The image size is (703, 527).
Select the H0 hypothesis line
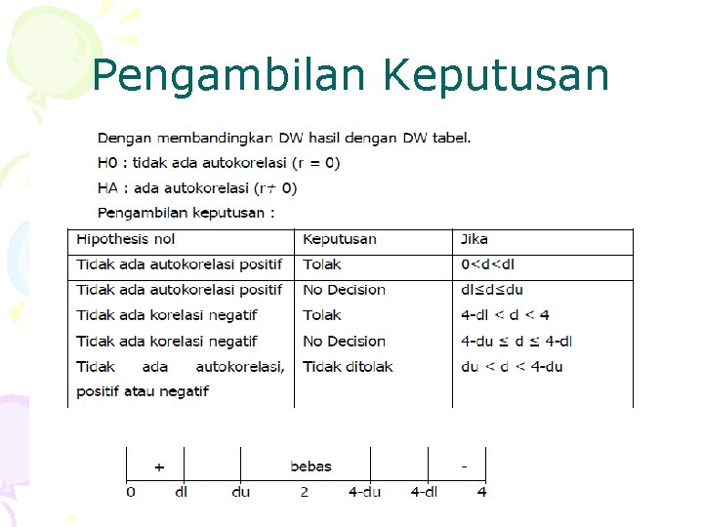[219, 162]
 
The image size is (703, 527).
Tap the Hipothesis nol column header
[126, 239]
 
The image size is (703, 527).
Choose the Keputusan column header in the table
[339, 239]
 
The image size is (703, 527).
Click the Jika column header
[475, 239]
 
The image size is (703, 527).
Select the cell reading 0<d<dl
[488, 264]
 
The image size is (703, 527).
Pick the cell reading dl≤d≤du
[492, 290]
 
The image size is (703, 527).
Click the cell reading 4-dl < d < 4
[505, 315]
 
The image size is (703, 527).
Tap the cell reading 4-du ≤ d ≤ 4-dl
[517, 341]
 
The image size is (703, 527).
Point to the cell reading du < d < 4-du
[512, 366]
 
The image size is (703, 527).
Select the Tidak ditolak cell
[348, 366]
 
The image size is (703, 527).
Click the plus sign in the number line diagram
[158, 467]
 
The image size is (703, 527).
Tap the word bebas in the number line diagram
[310, 466]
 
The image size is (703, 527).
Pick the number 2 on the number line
[304, 492]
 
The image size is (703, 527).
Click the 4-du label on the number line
[364, 492]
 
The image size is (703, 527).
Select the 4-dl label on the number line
[424, 492]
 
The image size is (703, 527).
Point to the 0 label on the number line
[131, 492]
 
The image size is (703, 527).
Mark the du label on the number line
[240, 492]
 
